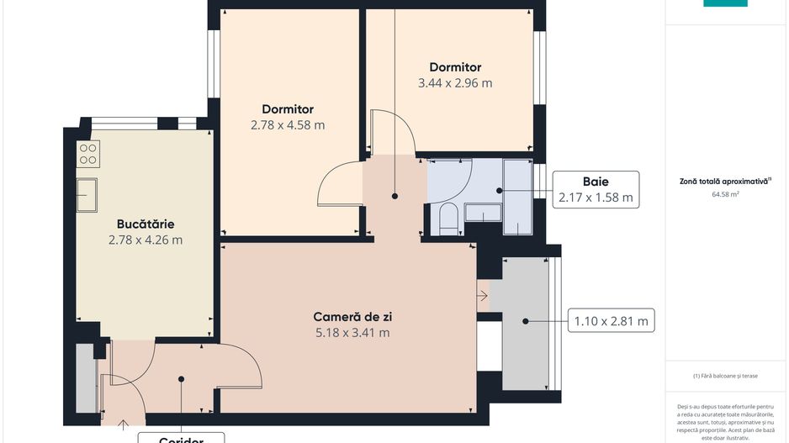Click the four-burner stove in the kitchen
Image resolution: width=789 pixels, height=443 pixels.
pyautogui.click(x=88, y=153)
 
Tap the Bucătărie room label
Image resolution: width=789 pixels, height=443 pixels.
pyautogui.click(x=146, y=224)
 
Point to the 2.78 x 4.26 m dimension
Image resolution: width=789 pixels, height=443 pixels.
pyautogui.click(x=146, y=240)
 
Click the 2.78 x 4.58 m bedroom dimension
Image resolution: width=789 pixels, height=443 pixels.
pyautogui.click(x=288, y=125)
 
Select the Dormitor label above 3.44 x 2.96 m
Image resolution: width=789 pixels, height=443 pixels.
pyautogui.click(x=455, y=67)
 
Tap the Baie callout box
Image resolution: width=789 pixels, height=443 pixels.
pyautogui.click(x=595, y=189)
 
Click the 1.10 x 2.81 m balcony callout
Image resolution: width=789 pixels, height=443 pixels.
pyautogui.click(x=611, y=320)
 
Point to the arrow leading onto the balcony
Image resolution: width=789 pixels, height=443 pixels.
pyautogui.click(x=482, y=296)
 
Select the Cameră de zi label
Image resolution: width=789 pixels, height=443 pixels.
pyautogui.click(x=352, y=317)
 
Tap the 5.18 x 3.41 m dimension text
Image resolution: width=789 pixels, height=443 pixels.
pyautogui.click(x=352, y=332)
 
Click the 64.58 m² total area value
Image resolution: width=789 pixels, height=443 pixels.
pyautogui.click(x=724, y=194)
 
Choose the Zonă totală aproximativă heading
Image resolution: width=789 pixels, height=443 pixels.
pyautogui.click(x=724, y=181)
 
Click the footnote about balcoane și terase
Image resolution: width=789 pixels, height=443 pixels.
pyautogui.click(x=724, y=376)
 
